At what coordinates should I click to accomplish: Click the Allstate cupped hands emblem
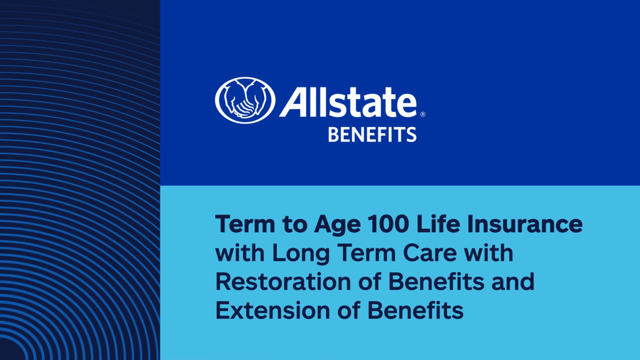(245, 100)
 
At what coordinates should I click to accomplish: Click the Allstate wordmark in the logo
(347, 101)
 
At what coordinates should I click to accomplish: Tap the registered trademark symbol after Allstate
(423, 114)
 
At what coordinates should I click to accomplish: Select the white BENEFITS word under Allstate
(372, 135)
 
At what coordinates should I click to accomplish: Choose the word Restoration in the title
(283, 281)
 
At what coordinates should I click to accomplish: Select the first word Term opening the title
(245, 224)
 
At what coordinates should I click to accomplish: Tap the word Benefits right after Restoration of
(436, 281)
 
